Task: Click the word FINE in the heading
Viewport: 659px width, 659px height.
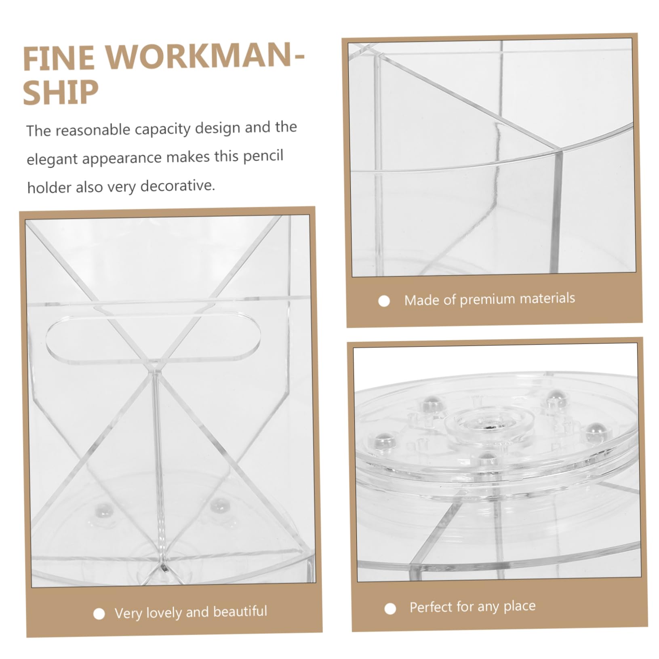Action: tap(59, 58)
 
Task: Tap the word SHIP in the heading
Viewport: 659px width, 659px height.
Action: tap(61, 92)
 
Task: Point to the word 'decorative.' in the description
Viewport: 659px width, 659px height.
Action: tap(178, 186)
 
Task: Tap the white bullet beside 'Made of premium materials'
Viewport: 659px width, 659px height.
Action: tap(384, 301)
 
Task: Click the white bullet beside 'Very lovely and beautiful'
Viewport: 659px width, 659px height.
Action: tap(99, 614)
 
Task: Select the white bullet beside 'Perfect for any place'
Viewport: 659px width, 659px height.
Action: tap(390, 609)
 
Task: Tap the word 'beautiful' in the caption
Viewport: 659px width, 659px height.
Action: tap(240, 611)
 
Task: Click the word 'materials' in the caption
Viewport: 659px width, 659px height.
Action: tap(547, 298)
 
